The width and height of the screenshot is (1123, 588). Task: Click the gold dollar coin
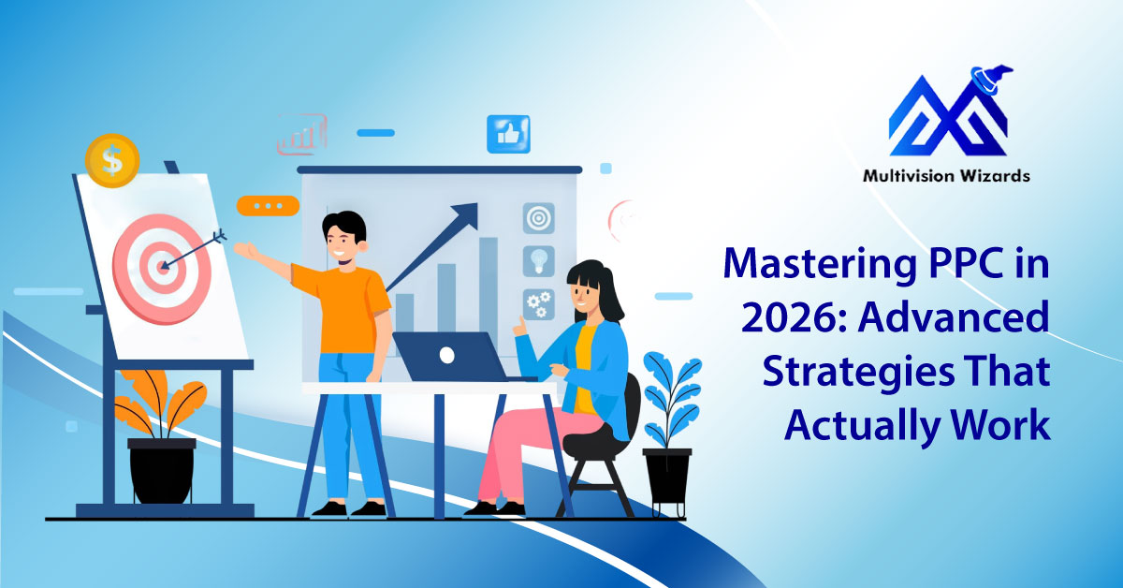pyautogui.click(x=111, y=160)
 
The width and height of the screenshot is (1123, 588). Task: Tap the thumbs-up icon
pyautogui.click(x=508, y=134)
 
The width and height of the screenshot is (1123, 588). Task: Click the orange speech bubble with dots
pyautogui.click(x=268, y=206)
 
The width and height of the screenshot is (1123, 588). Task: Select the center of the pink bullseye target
pyautogui.click(x=162, y=268)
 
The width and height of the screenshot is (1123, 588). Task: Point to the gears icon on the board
pyautogui.click(x=538, y=304)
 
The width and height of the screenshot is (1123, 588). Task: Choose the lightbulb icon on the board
pyautogui.click(x=538, y=261)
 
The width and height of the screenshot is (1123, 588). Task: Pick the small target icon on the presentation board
pyautogui.click(x=538, y=218)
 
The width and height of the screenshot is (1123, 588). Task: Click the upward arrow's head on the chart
pyautogui.click(x=465, y=213)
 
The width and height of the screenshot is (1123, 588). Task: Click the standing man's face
pyautogui.click(x=343, y=244)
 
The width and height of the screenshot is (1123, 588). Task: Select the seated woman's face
pyautogui.click(x=586, y=292)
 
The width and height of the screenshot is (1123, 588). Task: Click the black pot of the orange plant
pyautogui.click(x=161, y=471)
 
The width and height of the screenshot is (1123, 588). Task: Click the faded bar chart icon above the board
pyautogui.click(x=301, y=134)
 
